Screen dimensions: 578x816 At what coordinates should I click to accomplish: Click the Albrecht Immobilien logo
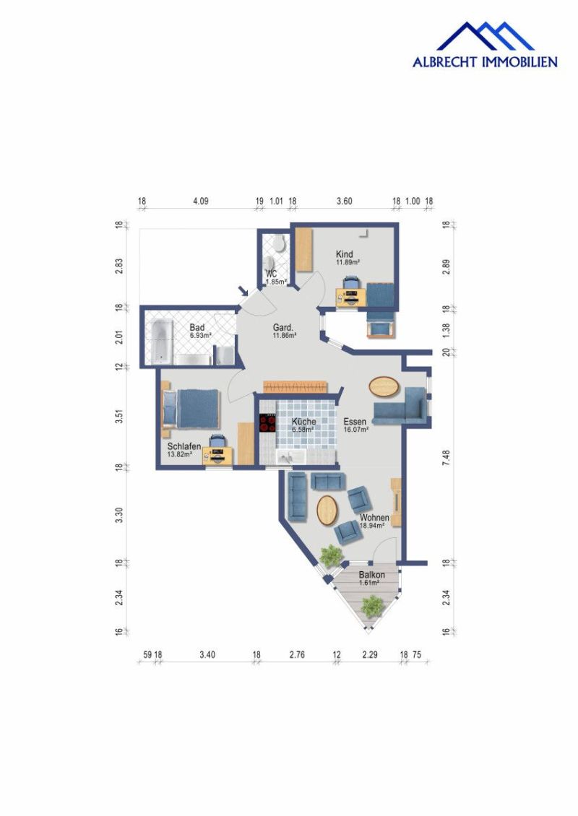click(x=485, y=45)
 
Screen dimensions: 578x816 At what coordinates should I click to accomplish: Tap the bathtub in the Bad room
click(x=162, y=342)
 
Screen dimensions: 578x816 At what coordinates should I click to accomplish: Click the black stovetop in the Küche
click(x=267, y=422)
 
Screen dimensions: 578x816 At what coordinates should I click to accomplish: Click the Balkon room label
click(x=372, y=575)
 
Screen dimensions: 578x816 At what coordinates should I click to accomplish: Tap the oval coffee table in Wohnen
click(x=327, y=510)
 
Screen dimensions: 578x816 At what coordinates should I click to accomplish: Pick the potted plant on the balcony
click(x=372, y=607)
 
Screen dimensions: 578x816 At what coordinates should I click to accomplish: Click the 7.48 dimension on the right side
click(x=446, y=457)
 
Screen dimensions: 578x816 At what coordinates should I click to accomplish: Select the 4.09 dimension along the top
click(x=200, y=201)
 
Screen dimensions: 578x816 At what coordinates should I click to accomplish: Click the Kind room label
click(x=344, y=254)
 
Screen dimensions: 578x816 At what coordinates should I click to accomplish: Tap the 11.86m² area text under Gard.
click(x=285, y=336)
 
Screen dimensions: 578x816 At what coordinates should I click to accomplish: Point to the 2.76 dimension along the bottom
click(x=297, y=655)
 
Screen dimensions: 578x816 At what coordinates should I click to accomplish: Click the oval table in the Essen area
click(x=384, y=386)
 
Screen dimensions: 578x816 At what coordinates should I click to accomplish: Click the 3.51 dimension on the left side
click(x=119, y=417)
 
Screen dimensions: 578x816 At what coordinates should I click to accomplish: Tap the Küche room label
click(x=303, y=422)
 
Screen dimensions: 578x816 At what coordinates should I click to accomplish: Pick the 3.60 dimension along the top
click(x=344, y=201)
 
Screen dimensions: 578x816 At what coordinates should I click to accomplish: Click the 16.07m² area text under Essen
click(x=356, y=430)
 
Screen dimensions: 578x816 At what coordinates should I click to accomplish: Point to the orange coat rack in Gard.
click(x=296, y=386)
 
